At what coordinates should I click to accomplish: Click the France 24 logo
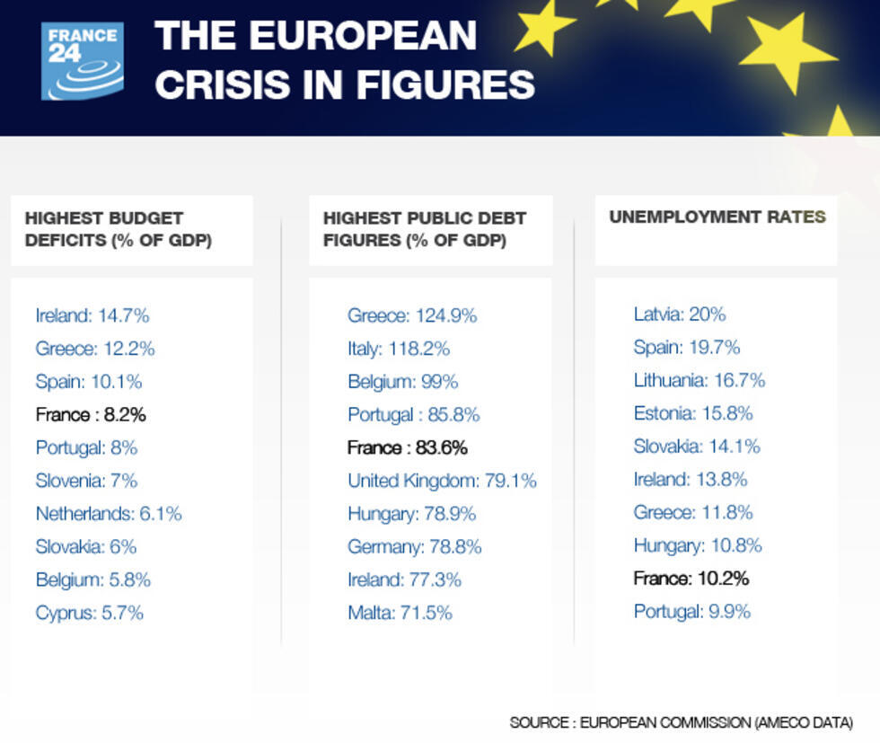pyautogui.click(x=83, y=61)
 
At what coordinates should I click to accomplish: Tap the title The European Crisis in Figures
pyautogui.click(x=344, y=60)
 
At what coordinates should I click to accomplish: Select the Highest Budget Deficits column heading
pyautogui.click(x=118, y=229)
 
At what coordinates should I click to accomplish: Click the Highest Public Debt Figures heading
pyautogui.click(x=424, y=229)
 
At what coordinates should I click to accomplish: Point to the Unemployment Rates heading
pyautogui.click(x=717, y=217)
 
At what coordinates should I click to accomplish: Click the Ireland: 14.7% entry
pyautogui.click(x=92, y=315)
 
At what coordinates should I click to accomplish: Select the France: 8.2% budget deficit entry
pyautogui.click(x=91, y=414)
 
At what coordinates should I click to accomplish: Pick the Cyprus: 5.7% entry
pyautogui.click(x=90, y=613)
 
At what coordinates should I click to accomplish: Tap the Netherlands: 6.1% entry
pyautogui.click(x=109, y=514)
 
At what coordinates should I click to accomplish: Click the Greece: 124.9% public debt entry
pyautogui.click(x=412, y=315)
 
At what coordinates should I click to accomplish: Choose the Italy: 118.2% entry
pyautogui.click(x=399, y=349)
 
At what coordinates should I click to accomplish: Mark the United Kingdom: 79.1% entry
pyautogui.click(x=442, y=481)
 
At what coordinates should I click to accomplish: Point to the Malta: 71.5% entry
pyautogui.click(x=400, y=613)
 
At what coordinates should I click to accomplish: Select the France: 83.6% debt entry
pyautogui.click(x=407, y=447)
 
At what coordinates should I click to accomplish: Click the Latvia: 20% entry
pyautogui.click(x=679, y=314)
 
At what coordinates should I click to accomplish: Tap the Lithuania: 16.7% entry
pyautogui.click(x=699, y=381)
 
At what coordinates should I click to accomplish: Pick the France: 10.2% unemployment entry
pyautogui.click(x=691, y=579)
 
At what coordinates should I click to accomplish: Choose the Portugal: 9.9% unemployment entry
pyautogui.click(x=691, y=612)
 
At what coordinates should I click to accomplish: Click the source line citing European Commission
pyautogui.click(x=681, y=722)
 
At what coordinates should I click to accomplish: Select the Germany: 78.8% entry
pyautogui.click(x=414, y=546)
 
